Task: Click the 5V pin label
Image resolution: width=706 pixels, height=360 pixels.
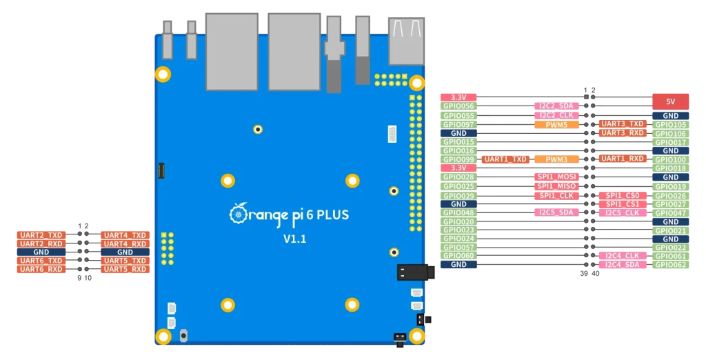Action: coord(670,101)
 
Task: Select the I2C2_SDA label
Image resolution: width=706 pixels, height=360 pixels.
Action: coord(556,106)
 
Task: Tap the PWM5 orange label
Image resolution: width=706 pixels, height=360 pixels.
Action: coord(556,125)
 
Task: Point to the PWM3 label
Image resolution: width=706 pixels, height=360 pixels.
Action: coord(556,159)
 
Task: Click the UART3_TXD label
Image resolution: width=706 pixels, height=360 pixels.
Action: coord(623,124)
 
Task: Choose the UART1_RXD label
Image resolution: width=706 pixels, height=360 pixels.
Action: coord(623,159)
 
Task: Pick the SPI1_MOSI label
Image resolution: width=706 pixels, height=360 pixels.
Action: coord(556,177)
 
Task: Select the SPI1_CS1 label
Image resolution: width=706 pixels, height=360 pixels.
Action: coord(623,204)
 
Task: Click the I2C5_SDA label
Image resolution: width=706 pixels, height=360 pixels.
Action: coord(556,212)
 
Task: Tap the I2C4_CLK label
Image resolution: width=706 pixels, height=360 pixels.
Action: coord(623,256)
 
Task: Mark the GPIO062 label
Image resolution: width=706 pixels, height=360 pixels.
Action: coord(670,265)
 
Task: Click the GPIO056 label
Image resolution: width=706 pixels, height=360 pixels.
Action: coord(458,106)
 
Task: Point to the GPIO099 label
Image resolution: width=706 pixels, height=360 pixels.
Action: coord(458,159)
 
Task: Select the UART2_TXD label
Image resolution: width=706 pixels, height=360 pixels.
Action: coord(41,235)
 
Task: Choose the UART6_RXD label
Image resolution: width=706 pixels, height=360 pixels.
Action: coord(41,270)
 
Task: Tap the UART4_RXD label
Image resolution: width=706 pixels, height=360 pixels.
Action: coord(125,243)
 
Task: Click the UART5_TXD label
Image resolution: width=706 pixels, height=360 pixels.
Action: coord(125,261)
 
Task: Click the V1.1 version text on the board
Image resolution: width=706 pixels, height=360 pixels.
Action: coord(294,239)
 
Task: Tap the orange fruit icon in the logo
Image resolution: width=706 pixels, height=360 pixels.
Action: coord(238,214)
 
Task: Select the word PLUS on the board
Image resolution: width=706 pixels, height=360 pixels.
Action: coord(333,215)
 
